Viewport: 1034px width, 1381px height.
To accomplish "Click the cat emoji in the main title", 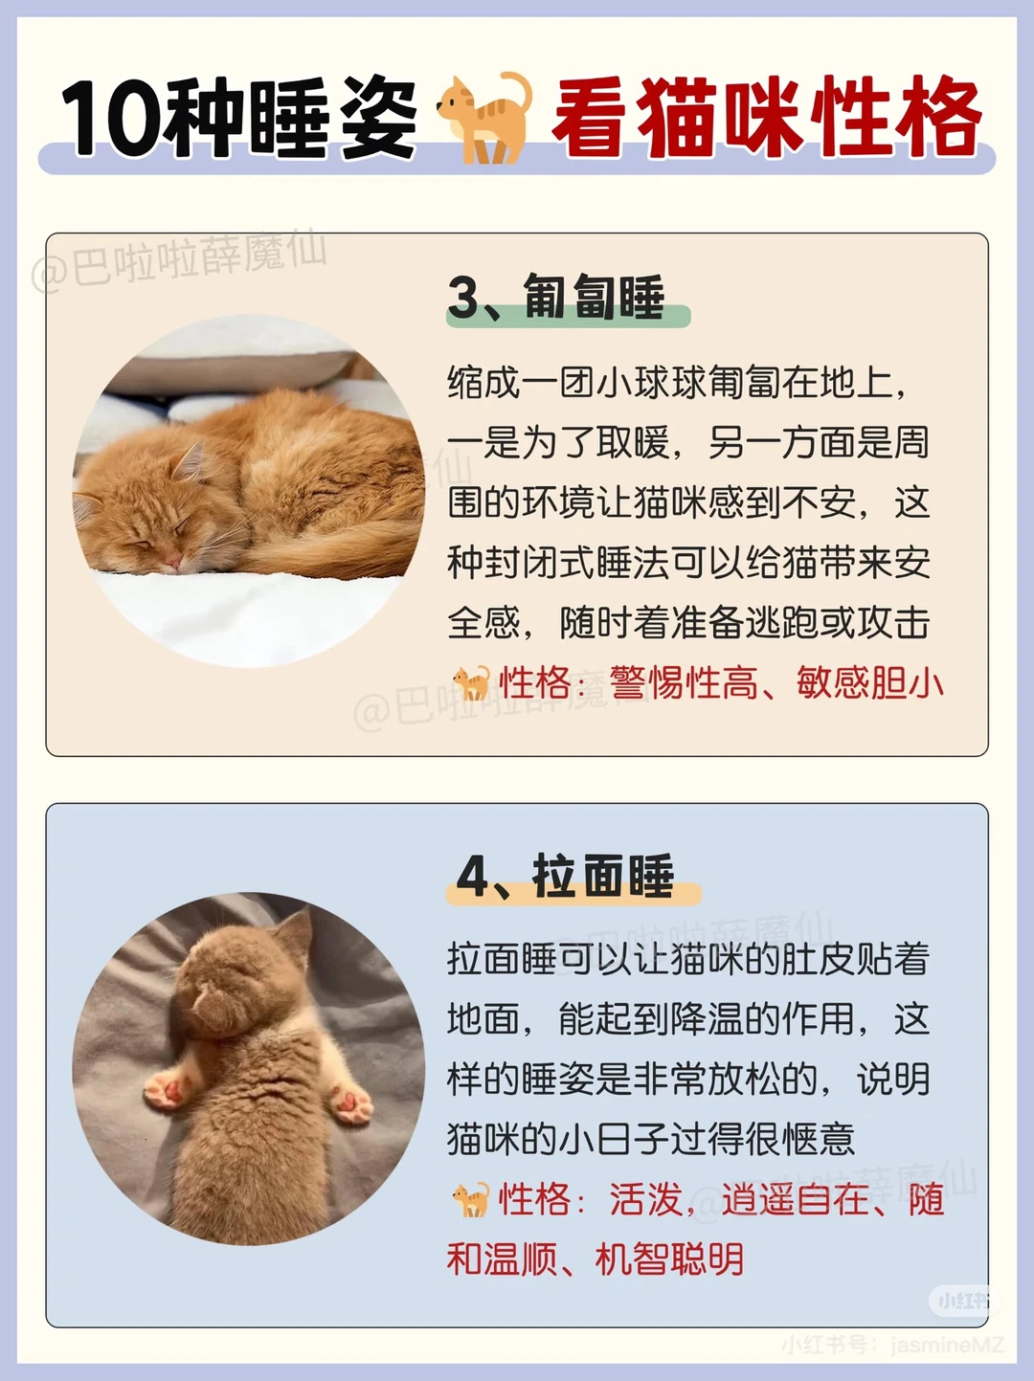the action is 484,118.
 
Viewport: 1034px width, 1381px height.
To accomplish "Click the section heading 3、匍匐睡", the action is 556,297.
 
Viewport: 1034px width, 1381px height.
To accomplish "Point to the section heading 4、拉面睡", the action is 565,876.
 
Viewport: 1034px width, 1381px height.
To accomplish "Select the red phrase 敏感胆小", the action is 869,682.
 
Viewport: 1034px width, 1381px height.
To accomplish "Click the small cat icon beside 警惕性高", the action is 471,682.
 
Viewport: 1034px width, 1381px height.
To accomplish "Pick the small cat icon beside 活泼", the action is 471,1199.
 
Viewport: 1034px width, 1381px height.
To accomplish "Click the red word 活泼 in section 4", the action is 646,1199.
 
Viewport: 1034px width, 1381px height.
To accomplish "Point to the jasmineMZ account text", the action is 947,1346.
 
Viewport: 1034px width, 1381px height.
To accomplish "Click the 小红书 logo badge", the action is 963,1300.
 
